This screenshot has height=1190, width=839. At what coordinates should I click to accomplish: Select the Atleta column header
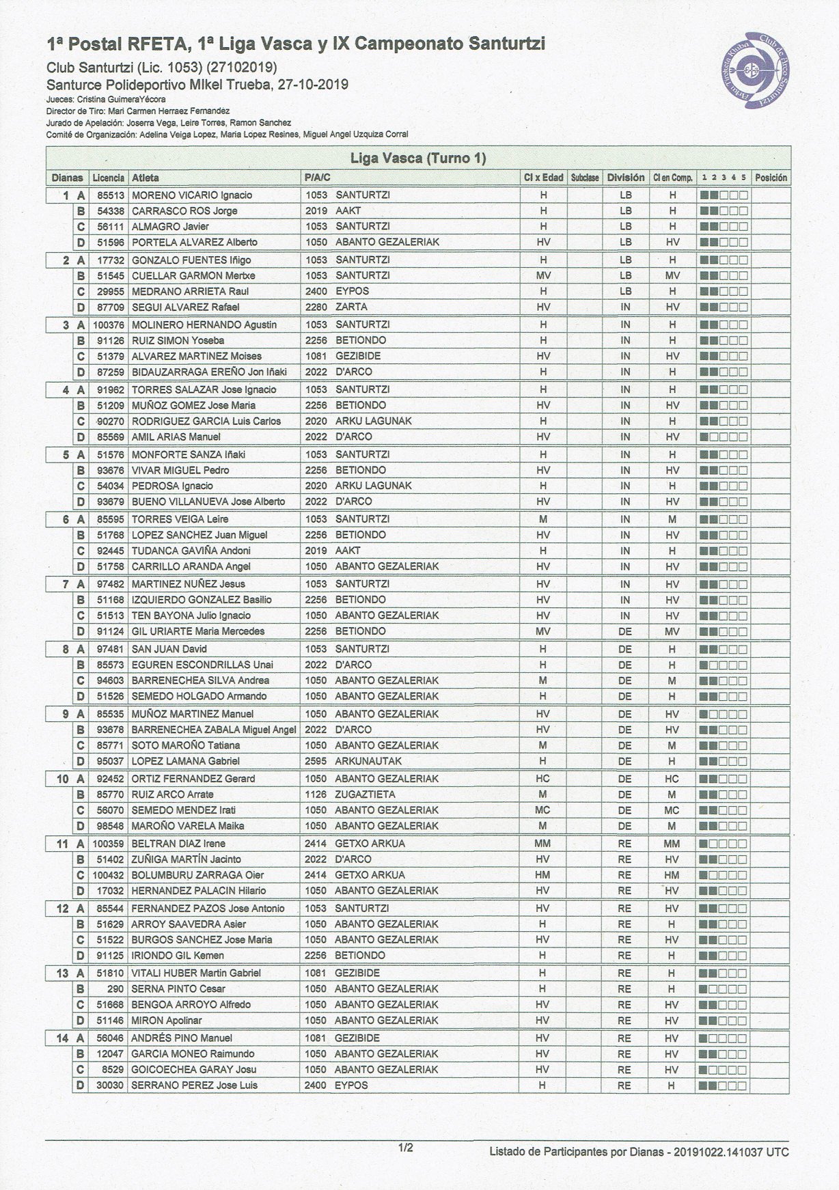[x=146, y=178]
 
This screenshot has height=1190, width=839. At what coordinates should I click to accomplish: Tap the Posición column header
[x=771, y=178]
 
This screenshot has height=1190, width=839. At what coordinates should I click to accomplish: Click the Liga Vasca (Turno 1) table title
[x=417, y=158]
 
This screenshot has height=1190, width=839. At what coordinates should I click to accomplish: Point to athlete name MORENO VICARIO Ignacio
[x=192, y=195]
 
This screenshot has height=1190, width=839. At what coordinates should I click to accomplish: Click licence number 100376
[x=109, y=325]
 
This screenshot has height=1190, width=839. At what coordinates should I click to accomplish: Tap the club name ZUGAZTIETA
[x=365, y=794]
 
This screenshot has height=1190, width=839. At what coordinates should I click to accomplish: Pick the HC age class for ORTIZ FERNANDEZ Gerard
[x=543, y=779]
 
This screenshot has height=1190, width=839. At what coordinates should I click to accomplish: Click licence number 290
[x=116, y=989]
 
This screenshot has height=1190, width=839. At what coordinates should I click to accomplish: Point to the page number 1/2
[x=406, y=1148]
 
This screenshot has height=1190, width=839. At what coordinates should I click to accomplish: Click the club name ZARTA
[x=351, y=307]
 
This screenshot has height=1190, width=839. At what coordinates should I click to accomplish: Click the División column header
[x=625, y=178]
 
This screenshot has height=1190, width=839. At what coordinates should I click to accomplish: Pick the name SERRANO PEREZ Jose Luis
[x=195, y=1085]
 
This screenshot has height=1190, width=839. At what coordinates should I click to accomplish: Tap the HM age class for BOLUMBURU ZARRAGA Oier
[x=543, y=875]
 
